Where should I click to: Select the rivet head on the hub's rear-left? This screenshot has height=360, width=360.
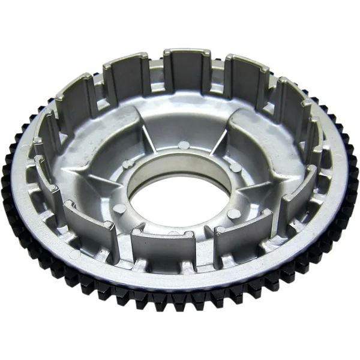[127, 163]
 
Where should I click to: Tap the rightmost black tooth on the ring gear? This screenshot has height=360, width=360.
[353, 180]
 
